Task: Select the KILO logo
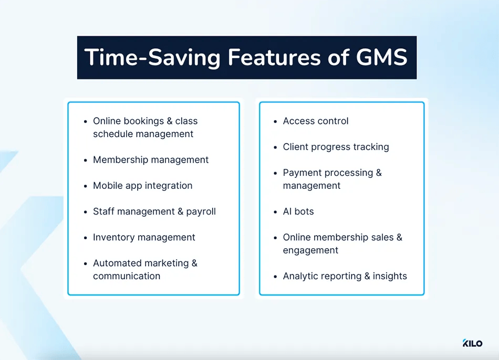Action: coord(472,343)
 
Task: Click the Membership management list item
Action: coord(151,160)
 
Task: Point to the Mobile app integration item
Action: coord(142,185)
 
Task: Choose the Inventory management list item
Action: coord(144,237)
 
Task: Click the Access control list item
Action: coord(315,121)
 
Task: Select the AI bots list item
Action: coord(298,211)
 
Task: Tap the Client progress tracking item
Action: coord(336,146)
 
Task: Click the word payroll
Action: coord(201,211)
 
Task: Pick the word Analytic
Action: coord(301,276)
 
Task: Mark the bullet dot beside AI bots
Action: coord(275,212)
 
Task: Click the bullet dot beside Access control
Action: coord(275,121)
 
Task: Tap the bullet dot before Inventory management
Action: coord(86,238)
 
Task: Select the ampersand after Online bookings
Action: coord(170,121)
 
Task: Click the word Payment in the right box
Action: coord(302,173)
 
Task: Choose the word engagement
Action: coord(310,250)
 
